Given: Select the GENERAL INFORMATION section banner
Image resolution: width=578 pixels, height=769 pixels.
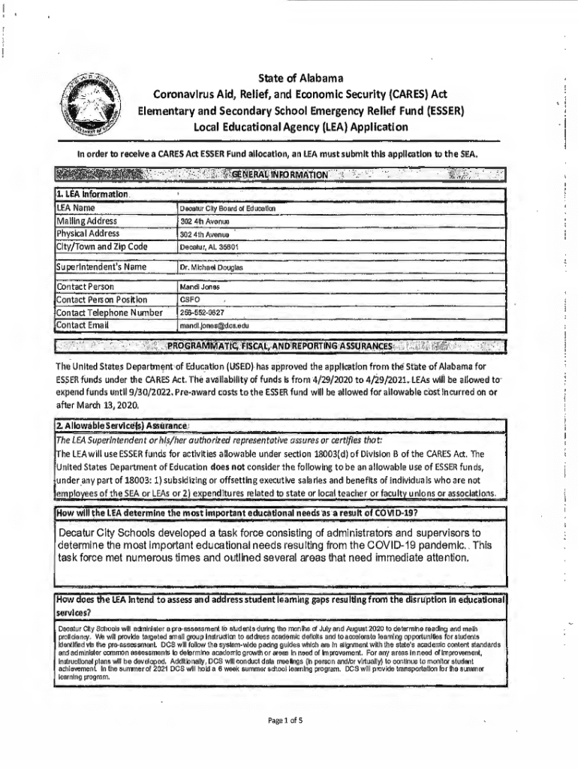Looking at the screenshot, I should coord(281,175).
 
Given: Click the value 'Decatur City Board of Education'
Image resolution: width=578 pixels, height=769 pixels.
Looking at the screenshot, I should coord(228,207).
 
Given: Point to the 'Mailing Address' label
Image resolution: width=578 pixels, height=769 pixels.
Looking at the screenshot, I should coord(87,221).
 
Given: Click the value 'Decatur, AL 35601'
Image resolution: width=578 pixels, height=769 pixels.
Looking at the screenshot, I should coord(209,246).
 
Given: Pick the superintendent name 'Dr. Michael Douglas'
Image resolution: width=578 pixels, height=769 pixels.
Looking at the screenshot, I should coord(212,267).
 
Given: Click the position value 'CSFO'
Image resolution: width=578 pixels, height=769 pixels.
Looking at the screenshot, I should coord(190,300).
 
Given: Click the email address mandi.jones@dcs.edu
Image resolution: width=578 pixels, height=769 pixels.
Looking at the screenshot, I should coord(214,326).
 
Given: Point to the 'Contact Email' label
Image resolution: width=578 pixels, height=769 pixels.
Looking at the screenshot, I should coord(83,325).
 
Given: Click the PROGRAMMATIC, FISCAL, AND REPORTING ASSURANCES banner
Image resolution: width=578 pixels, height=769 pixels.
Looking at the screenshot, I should coord(281,346).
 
